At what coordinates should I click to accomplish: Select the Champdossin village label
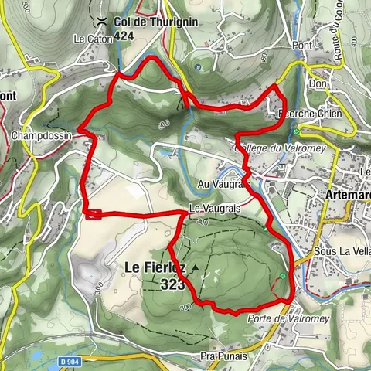point(43,135)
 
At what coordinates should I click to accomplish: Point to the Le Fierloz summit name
point(155,268)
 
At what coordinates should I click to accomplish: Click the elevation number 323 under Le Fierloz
point(174,284)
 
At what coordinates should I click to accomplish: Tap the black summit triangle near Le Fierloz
point(196,268)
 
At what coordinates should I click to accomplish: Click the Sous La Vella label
point(340,252)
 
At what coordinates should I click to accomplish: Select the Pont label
point(303,46)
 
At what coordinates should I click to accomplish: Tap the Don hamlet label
point(315,83)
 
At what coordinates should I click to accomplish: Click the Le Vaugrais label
point(210,209)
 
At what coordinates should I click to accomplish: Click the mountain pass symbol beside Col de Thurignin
point(103,21)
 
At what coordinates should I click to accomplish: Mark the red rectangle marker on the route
point(94,215)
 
